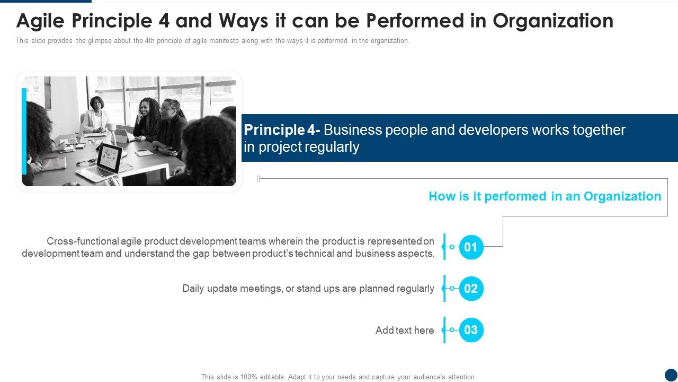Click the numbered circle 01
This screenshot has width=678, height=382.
pyautogui.click(x=471, y=247)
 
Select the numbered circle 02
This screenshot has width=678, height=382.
pyautogui.click(x=471, y=289)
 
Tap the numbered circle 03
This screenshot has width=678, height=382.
pyautogui.click(x=471, y=330)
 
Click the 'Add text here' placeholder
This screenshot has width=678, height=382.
pyautogui.click(x=405, y=330)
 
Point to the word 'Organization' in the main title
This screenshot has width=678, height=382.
pyautogui.click(x=553, y=21)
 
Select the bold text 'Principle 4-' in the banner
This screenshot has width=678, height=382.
pyautogui.click(x=282, y=130)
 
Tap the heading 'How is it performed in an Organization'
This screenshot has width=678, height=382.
pyautogui.click(x=545, y=196)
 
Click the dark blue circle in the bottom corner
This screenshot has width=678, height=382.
pyautogui.click(x=671, y=375)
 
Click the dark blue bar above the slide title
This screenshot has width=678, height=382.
pyautogui.click(x=46, y=2)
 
